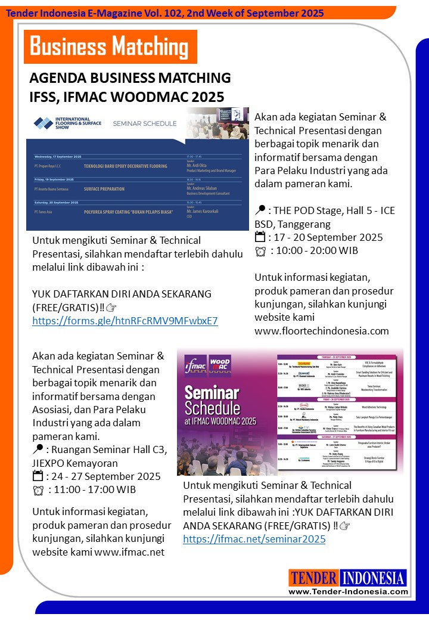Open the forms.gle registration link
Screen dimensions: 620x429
pyautogui.click(x=125, y=321)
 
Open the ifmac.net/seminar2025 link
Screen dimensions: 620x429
pyautogui.click(x=254, y=539)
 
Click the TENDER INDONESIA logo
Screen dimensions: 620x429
pyautogui.click(x=348, y=578)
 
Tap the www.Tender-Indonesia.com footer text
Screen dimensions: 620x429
pyautogui.click(x=348, y=592)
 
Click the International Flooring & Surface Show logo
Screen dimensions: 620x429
pyautogui.click(x=67, y=123)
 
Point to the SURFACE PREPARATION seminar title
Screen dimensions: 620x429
pyautogui.click(x=104, y=189)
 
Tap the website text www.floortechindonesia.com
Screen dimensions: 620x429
pyautogui.click(x=321, y=330)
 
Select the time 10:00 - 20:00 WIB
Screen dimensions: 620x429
pyautogui.click(x=314, y=250)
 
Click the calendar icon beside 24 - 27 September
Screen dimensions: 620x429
pyautogui.click(x=38, y=476)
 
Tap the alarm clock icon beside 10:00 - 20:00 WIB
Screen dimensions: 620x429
pyautogui.click(x=260, y=251)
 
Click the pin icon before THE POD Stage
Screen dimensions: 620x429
pyautogui.click(x=260, y=210)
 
